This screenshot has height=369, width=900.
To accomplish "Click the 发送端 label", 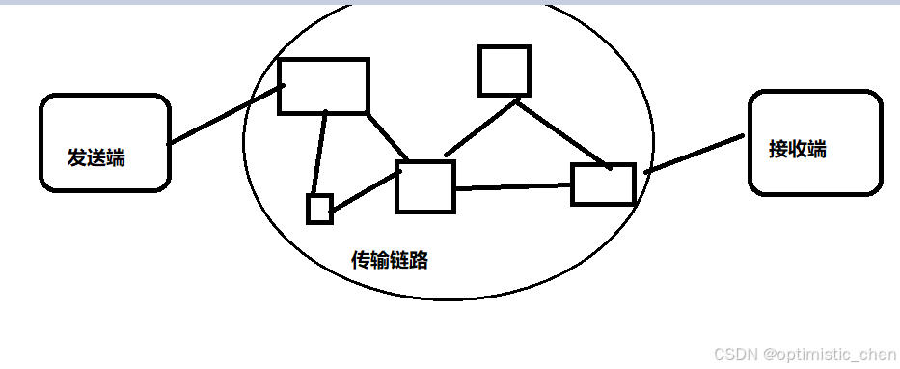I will (95, 157).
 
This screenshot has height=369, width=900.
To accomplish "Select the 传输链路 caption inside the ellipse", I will (390, 260).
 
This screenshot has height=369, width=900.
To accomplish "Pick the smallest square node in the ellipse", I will (319, 209).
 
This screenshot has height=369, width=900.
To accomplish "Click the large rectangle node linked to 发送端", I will (323, 86).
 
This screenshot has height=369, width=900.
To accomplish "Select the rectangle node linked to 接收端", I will (603, 184).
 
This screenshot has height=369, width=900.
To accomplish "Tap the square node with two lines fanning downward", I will (505, 71).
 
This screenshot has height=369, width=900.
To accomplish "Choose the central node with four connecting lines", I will (424, 186).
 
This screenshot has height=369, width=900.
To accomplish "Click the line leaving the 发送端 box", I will (224, 115).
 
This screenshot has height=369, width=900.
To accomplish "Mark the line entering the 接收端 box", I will (695, 154).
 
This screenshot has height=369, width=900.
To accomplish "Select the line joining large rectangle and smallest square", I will (320, 155).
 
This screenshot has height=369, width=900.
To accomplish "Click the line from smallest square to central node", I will (365, 188).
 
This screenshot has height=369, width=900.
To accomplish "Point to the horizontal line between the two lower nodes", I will (512, 185).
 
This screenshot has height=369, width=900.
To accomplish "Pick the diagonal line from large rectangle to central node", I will (389, 137).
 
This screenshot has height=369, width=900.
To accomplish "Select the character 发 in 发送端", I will (76, 157).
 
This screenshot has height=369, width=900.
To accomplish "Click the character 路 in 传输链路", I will (419, 260).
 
